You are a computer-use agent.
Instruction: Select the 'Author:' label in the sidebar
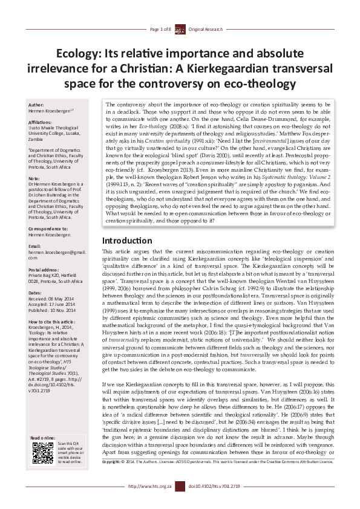pos(37,105)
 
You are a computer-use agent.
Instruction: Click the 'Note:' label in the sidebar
pos(34,178)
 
